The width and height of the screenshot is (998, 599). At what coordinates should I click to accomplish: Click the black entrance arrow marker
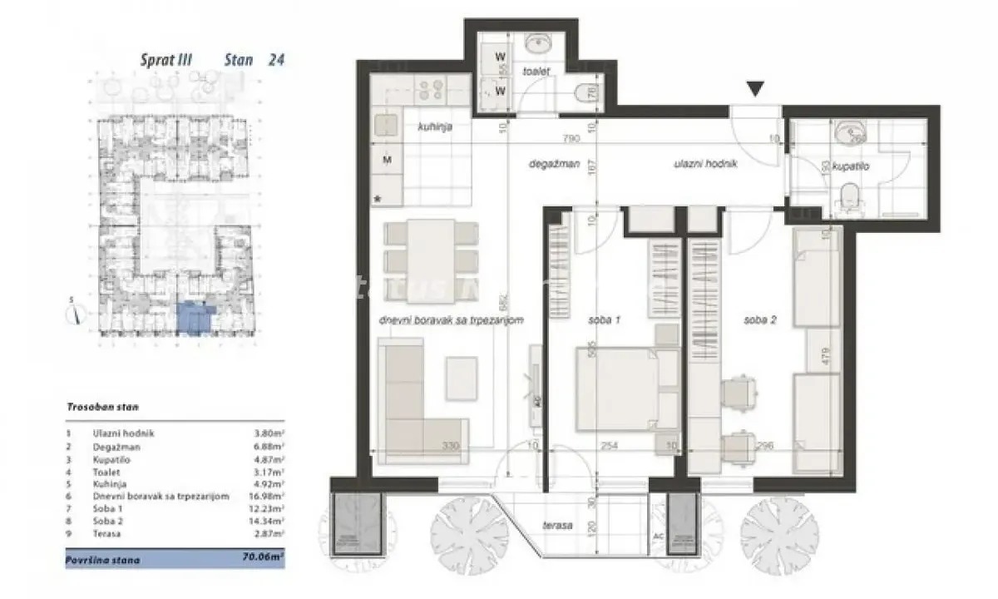point(755,88)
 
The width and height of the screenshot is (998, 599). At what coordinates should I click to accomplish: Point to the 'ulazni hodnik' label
point(706,165)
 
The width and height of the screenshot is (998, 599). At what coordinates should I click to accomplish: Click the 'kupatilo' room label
point(852,167)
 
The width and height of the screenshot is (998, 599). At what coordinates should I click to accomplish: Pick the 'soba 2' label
point(760,321)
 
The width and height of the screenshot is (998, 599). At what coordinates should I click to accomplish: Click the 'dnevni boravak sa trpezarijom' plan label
point(450,321)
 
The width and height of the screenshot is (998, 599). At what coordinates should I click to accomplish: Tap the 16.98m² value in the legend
point(268,496)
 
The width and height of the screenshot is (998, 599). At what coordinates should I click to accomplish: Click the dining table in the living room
point(432,247)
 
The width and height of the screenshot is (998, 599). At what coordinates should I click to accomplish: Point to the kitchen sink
point(386,126)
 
